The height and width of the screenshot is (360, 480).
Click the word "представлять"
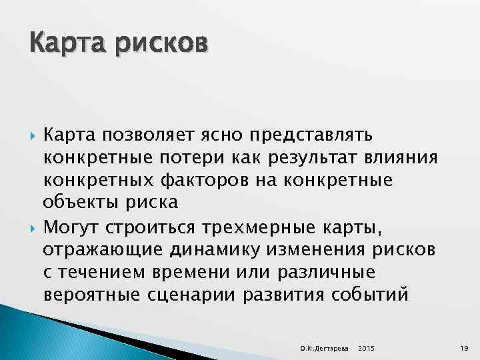pyautogui.click(x=311, y=136)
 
